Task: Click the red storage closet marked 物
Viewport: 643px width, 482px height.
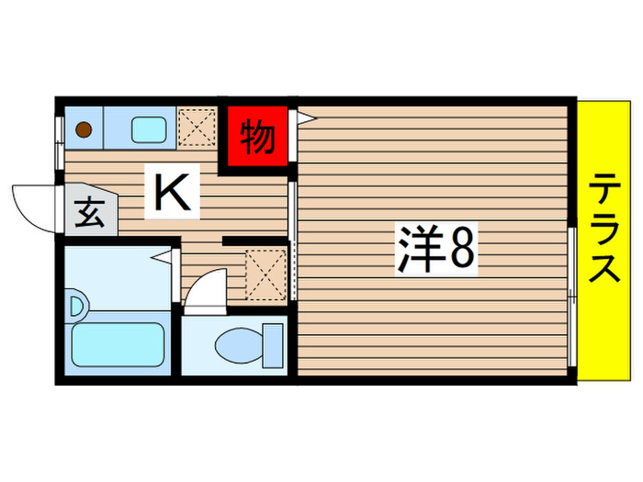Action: pos(258,138)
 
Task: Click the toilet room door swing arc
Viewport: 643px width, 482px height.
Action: pos(204,288)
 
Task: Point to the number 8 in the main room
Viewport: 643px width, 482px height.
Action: pos(462,248)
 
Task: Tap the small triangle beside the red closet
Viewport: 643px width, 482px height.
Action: pos(304,118)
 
